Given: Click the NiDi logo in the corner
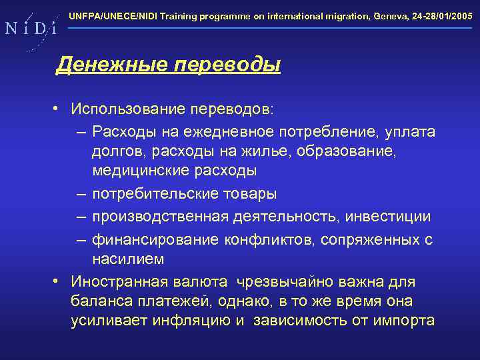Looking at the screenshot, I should point(29,28).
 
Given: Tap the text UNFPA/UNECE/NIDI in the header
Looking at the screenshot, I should point(107,14).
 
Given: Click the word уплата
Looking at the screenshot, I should point(409,131).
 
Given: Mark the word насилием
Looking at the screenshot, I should point(128,258).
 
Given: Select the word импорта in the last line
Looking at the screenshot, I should point(406,321).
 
